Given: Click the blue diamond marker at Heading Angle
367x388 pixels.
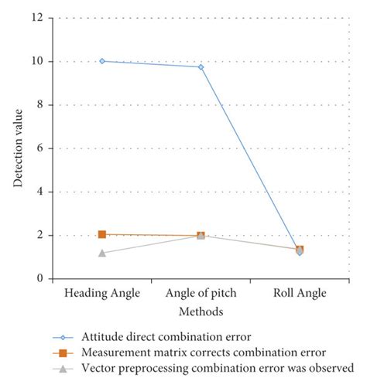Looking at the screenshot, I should pyautogui.click(x=102, y=61).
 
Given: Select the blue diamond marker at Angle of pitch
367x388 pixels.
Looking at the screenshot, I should pyautogui.click(x=201, y=67).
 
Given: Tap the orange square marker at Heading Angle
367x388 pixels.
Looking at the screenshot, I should pyautogui.click(x=102, y=234).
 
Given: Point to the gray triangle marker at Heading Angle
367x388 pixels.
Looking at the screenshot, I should pyautogui.click(x=102, y=253).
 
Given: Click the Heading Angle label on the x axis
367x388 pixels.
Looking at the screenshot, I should pyautogui.click(x=102, y=294).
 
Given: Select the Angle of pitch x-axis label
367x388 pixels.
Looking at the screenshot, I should pyautogui.click(x=201, y=294).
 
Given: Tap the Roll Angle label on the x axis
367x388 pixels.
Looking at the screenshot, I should pyautogui.click(x=300, y=294).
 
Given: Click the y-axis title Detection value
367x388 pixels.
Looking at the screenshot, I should pyautogui.click(x=17, y=148).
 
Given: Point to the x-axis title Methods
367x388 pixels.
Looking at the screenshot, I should pyautogui.click(x=201, y=311).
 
